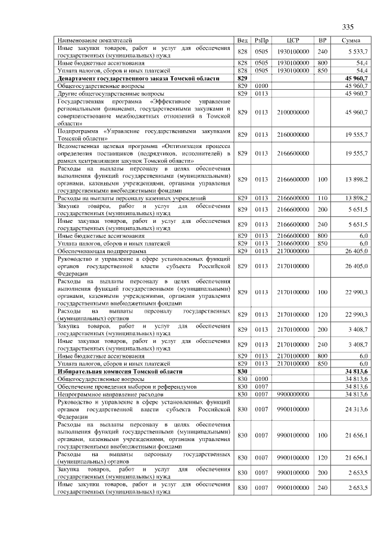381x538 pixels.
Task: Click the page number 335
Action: click(x=348, y=27)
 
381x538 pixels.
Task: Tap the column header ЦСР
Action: click(x=292, y=40)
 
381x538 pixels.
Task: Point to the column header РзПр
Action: click(x=261, y=40)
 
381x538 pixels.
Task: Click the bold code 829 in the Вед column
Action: click(x=242, y=78)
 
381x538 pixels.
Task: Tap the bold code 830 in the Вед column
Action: click(x=242, y=371)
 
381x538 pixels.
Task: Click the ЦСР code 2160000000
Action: click(x=292, y=135)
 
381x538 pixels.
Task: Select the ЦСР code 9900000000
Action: click(x=292, y=394)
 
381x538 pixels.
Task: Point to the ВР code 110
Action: click(x=323, y=197)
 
